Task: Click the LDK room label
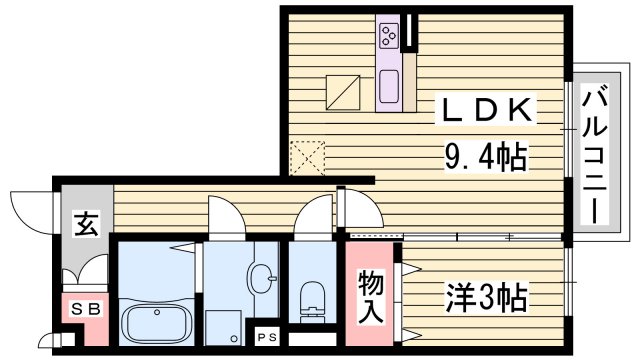coord(489,112)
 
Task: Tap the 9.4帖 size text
coord(486,156)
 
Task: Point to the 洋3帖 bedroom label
coord(485,296)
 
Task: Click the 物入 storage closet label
coord(370,296)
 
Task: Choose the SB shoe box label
coord(86,310)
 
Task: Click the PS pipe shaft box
coord(267,337)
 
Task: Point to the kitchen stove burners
coord(388,37)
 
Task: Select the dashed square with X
coord(308,158)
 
